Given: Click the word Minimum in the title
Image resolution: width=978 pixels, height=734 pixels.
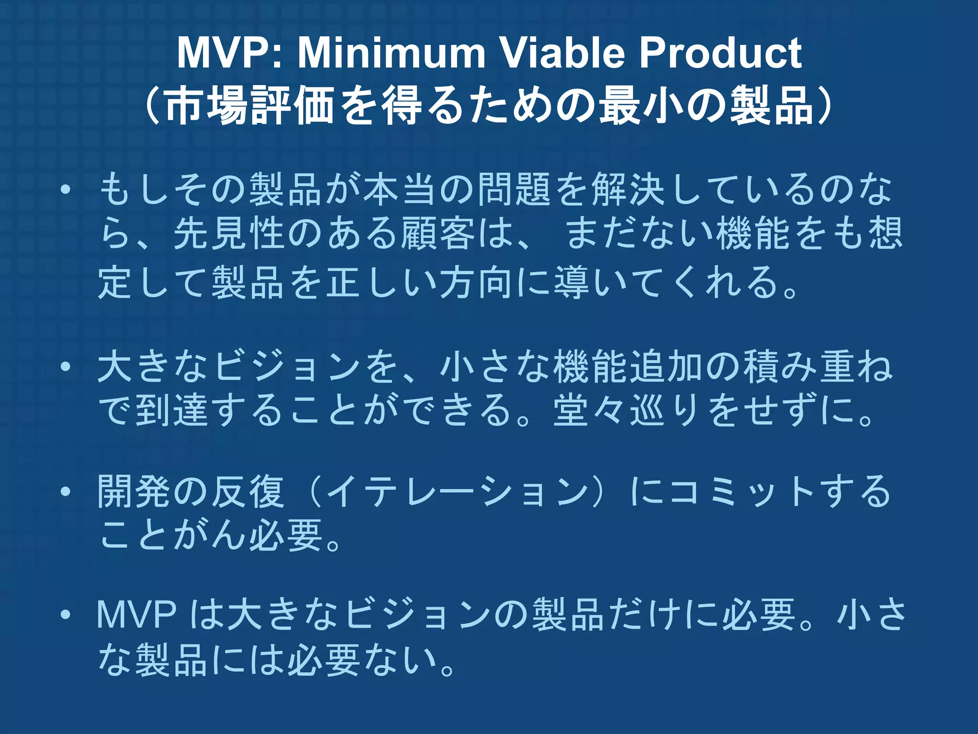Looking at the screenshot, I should coord(391,53).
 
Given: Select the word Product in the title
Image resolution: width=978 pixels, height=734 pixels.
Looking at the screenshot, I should coord(721,53).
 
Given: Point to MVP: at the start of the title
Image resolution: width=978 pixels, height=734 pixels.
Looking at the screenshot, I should coord(229,53).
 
